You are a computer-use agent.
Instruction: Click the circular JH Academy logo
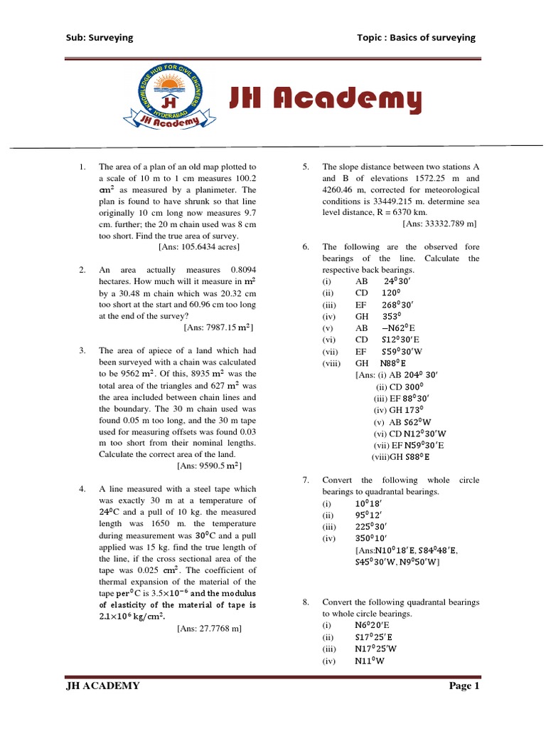168,99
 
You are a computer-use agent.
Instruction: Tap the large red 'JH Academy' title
325,100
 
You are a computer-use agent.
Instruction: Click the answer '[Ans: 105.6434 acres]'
199,247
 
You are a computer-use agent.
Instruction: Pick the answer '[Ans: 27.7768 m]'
210,629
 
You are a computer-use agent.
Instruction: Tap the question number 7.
306,481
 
